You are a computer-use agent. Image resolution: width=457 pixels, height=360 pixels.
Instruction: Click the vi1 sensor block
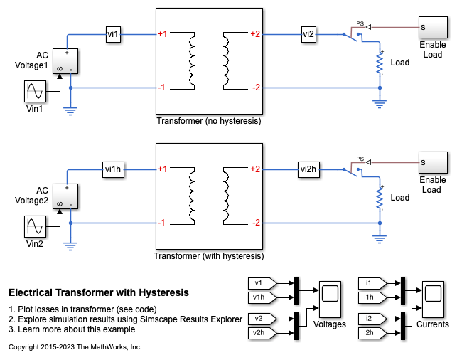tap(114, 33)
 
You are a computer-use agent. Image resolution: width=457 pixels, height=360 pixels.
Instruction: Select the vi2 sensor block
tap(307, 33)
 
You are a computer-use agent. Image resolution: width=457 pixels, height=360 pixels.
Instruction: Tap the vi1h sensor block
tap(114, 169)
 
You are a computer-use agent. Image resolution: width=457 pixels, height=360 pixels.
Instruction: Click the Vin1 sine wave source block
tap(36, 92)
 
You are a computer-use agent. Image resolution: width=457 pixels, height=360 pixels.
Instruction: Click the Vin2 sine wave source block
tap(36, 227)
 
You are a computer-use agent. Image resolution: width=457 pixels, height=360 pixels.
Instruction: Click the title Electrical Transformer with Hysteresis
tap(99, 292)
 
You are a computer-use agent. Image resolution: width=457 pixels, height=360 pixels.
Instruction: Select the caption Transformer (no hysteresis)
tap(209, 122)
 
